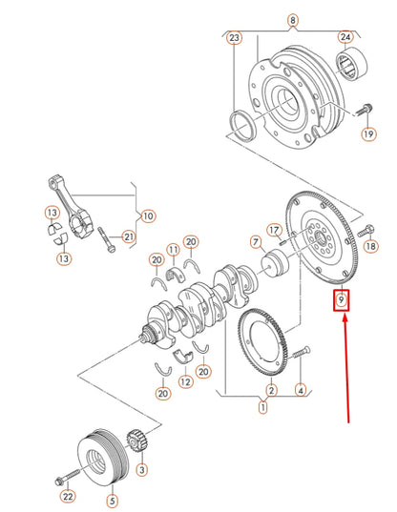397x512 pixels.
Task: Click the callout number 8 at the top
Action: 292,20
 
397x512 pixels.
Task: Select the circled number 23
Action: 234,39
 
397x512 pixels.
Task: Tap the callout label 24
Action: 345,39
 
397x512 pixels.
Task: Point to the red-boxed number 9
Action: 341,303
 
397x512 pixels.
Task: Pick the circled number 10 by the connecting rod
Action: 148,216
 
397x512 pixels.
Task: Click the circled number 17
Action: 274,231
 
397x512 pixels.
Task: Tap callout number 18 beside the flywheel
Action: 371,247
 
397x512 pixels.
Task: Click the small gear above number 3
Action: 136,443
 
